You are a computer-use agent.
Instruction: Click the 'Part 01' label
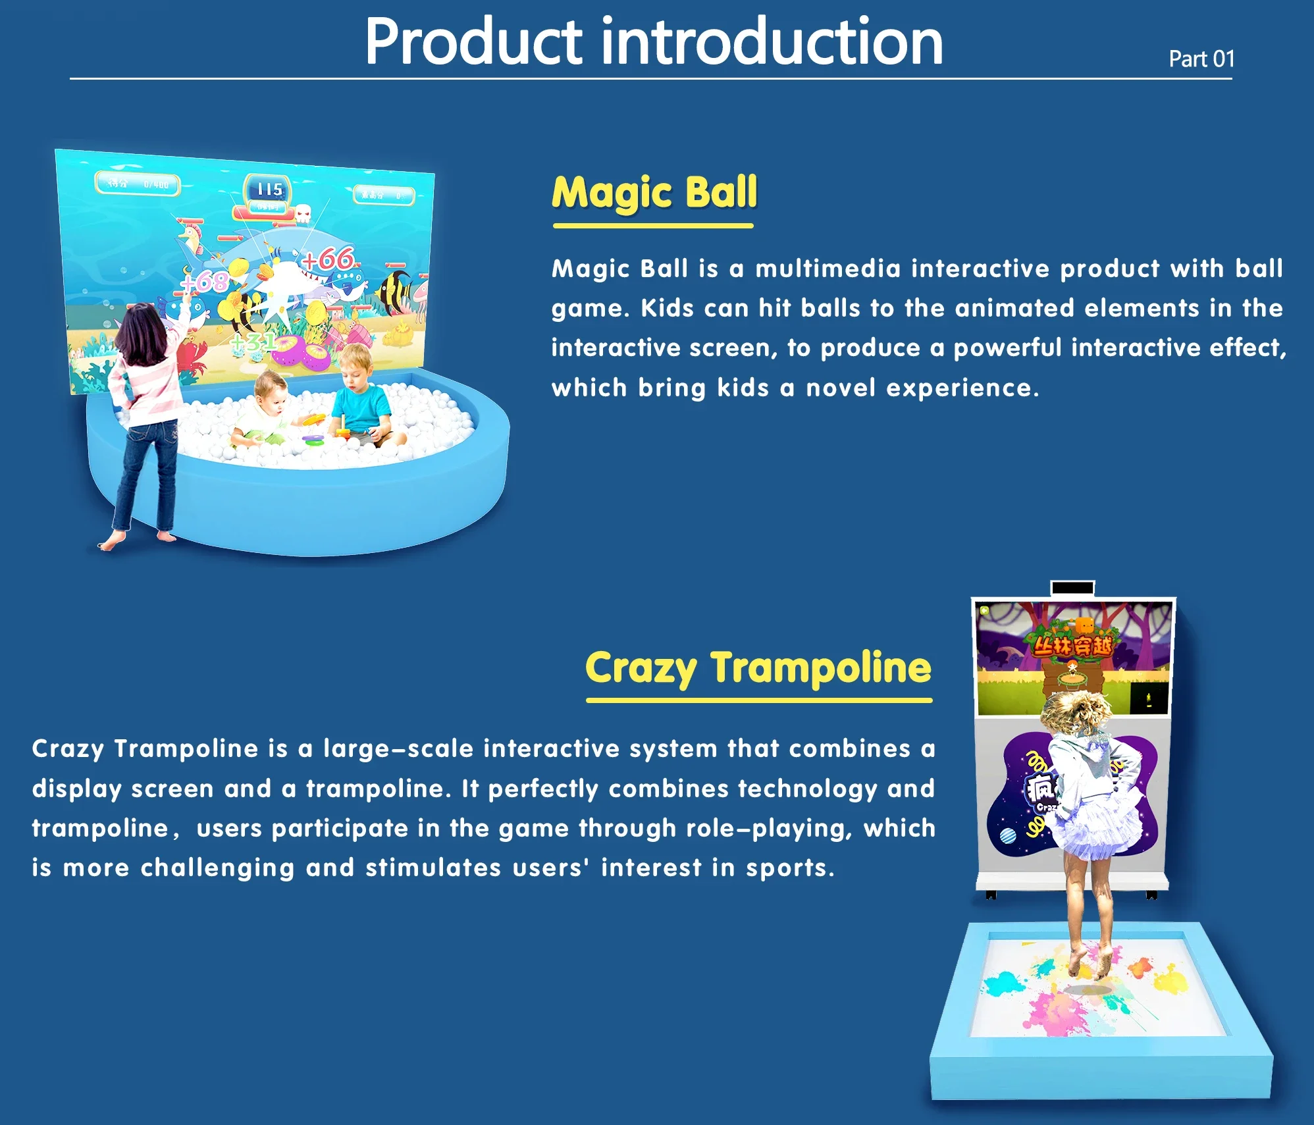1201,59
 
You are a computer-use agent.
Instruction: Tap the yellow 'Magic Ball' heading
654,192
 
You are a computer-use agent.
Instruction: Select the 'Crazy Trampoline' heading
758,667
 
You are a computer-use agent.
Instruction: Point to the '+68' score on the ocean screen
204,282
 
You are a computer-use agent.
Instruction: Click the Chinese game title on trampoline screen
1072,646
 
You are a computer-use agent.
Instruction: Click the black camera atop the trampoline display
1072,588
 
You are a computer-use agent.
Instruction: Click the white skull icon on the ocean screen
303,213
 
